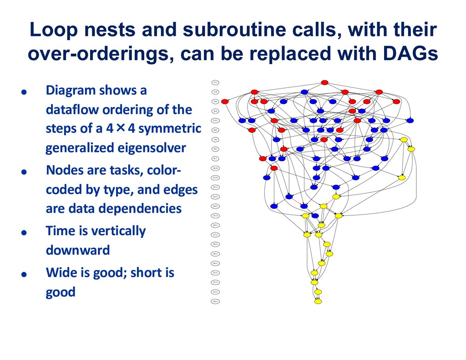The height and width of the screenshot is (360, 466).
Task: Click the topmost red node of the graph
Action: (324, 82)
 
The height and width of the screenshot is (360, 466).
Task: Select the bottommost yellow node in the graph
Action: (318, 301)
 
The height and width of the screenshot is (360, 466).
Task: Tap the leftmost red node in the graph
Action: (225, 101)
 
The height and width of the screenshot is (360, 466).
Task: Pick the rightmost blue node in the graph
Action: (410, 121)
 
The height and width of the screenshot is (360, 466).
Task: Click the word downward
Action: (78, 250)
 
